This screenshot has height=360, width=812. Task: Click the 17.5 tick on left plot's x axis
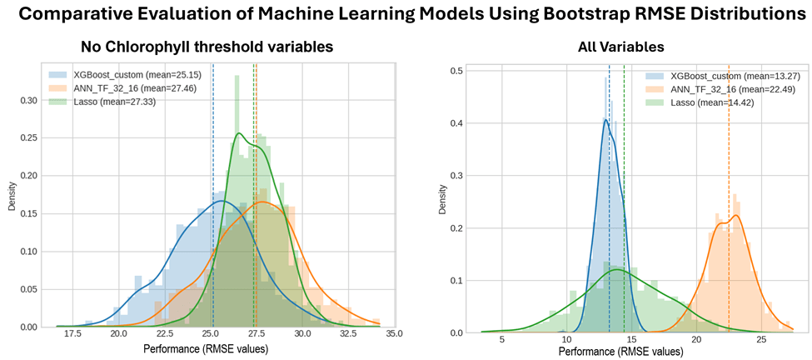[x=72, y=334]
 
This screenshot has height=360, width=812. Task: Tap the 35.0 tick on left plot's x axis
[x=394, y=334]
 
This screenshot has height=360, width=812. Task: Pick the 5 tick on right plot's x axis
[x=501, y=340]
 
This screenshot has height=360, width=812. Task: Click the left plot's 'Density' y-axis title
[x=12, y=202]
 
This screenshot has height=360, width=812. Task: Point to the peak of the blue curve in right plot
[x=605, y=119]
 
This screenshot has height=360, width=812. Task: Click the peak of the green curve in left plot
[x=238, y=133]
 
